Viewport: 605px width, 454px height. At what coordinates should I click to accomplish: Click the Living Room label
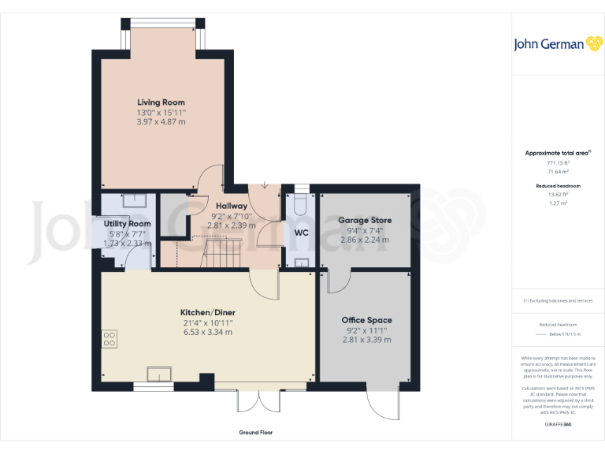click(161, 102)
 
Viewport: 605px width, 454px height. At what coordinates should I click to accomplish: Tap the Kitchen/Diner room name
click(208, 313)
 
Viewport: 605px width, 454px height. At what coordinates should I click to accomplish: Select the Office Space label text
click(366, 320)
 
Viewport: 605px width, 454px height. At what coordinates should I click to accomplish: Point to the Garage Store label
click(365, 220)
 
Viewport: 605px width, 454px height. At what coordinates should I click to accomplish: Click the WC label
click(301, 233)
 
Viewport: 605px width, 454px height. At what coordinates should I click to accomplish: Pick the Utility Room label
click(127, 224)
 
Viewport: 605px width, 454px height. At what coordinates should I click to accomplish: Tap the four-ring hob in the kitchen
click(109, 338)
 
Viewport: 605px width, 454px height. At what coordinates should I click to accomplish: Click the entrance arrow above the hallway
click(264, 185)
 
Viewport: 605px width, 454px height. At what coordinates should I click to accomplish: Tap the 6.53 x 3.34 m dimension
click(208, 333)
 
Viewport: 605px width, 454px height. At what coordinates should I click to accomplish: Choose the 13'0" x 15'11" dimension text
click(161, 113)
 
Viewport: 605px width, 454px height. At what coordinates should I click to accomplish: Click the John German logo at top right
click(549, 44)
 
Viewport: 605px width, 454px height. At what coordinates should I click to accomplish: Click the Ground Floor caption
click(256, 433)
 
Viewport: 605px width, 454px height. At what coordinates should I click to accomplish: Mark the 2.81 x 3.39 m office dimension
click(366, 340)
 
